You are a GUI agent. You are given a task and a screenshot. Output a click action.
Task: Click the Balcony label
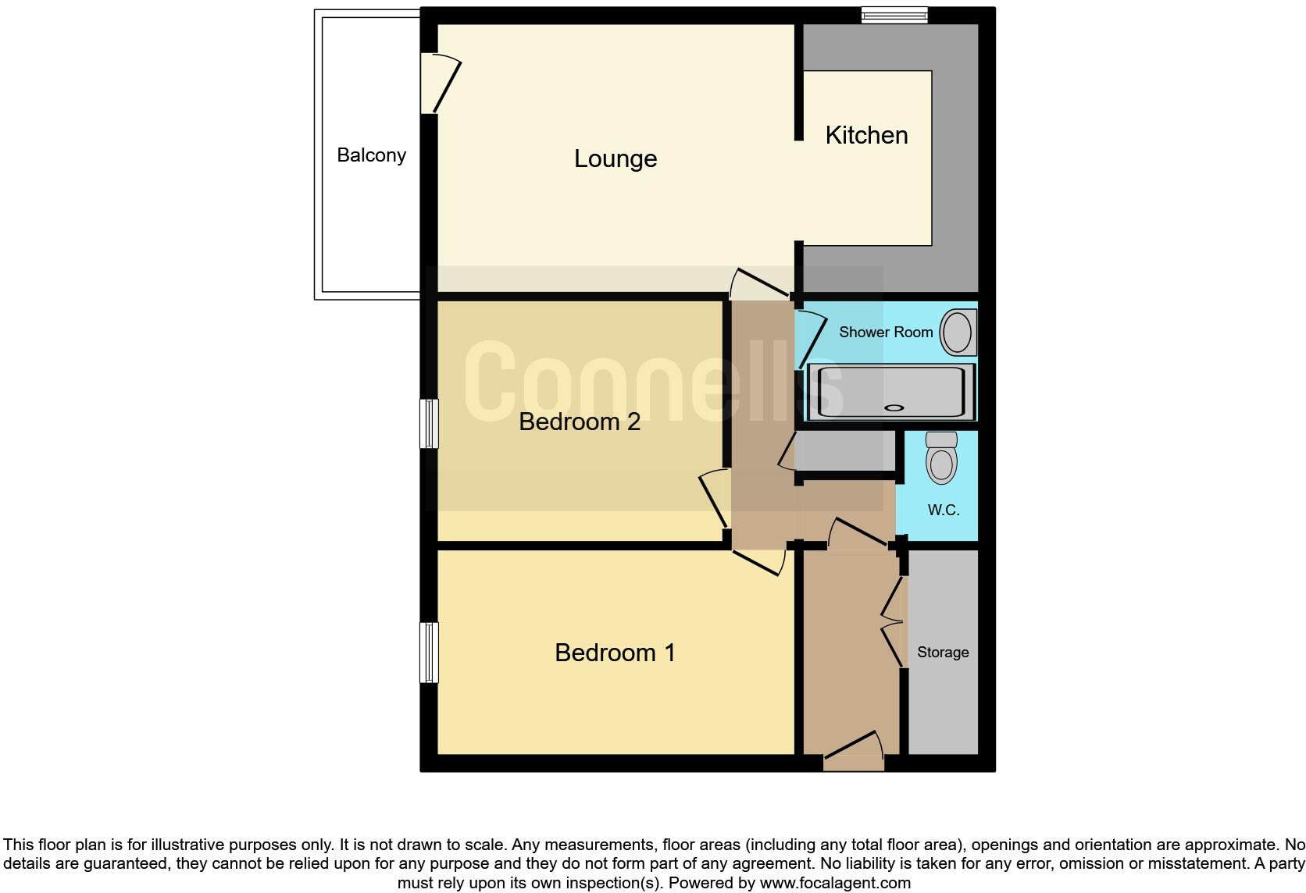click(371, 155)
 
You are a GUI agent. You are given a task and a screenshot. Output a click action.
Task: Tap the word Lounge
click(616, 158)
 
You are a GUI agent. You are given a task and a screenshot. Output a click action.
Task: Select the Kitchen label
click(866, 135)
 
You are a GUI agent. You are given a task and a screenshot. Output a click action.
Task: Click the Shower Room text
click(886, 332)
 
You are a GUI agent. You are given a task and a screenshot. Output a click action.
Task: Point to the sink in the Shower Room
click(956, 332)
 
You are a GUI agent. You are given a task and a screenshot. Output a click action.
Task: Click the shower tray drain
click(894, 407)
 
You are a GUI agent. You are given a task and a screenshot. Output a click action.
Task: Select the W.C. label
click(943, 510)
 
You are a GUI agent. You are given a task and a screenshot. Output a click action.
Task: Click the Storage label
click(943, 652)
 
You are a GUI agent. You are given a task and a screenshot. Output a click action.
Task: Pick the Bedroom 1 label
click(615, 653)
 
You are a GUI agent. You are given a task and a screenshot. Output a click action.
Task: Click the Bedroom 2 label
click(580, 422)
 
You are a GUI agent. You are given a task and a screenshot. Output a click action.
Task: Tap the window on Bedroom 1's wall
click(429, 652)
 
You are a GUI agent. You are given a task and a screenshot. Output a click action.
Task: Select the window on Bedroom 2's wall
click(429, 424)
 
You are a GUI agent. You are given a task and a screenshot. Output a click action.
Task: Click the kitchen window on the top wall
click(894, 15)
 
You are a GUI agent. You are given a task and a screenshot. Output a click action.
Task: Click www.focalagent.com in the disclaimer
click(834, 883)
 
